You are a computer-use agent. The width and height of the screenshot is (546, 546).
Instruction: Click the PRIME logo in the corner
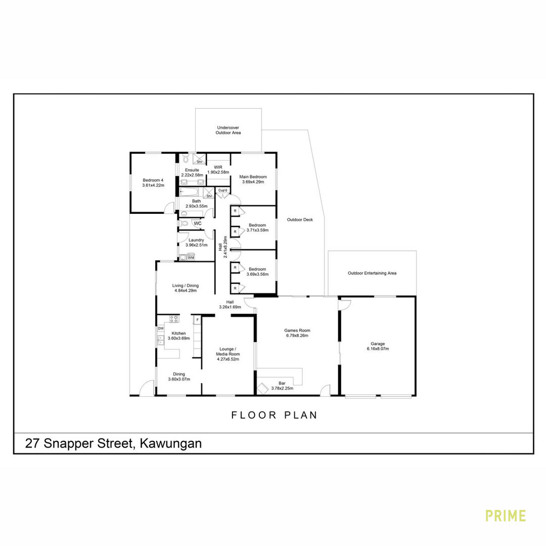point(505,516)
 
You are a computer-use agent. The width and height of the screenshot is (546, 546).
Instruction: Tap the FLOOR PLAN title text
point(275,415)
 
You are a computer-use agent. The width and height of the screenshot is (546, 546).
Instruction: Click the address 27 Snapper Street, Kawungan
point(114,444)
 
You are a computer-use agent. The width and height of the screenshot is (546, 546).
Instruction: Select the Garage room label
point(378,344)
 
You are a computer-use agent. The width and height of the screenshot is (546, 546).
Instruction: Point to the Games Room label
point(297,331)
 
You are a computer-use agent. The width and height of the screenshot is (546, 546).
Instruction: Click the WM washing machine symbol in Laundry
point(191,258)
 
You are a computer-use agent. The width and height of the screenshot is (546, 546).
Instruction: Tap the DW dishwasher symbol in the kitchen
point(161,329)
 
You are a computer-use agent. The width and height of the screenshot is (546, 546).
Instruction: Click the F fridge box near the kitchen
point(198,320)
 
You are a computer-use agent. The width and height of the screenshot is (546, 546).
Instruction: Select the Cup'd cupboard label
point(223,190)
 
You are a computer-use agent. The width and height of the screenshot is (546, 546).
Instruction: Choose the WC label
point(198,223)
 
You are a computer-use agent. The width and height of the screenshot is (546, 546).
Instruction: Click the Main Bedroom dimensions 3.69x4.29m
point(253,182)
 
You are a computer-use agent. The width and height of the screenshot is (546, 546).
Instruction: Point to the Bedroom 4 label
point(153,180)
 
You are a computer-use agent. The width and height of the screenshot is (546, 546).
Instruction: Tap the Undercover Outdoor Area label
point(228,130)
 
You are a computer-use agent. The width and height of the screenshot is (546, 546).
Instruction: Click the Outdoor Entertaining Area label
point(372,274)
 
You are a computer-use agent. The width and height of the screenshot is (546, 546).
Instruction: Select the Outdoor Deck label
point(300,220)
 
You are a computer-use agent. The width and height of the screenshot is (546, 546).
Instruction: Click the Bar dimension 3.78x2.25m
point(282,388)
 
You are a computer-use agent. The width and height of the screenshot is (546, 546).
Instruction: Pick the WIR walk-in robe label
point(218,167)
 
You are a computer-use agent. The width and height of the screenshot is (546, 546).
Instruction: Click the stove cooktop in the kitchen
point(174,318)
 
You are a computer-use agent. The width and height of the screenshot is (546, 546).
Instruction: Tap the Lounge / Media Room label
point(228,352)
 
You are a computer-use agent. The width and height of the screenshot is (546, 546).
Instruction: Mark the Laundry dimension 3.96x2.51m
point(196,245)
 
